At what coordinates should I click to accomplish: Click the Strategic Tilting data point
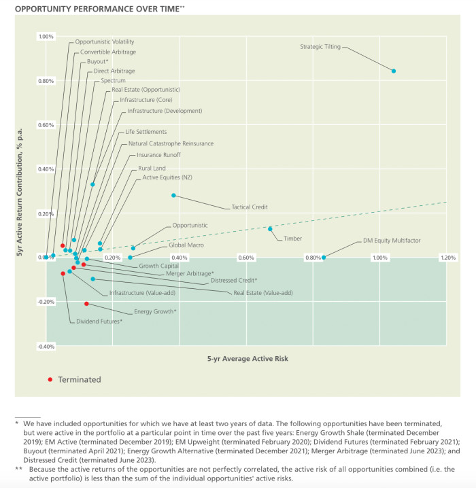coord(394,71)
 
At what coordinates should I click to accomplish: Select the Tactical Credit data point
coord(174,195)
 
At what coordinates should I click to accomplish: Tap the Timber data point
coord(270,228)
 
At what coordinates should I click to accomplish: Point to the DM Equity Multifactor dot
coord(324,257)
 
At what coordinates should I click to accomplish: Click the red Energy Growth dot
coord(86,304)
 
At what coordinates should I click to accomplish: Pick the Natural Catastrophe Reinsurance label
coord(171,143)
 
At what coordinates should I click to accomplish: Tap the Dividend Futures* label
coord(99,321)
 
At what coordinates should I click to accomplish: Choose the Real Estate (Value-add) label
coord(262,293)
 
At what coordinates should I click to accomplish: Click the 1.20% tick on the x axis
coord(447,258)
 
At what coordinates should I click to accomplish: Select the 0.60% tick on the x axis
coord(246,258)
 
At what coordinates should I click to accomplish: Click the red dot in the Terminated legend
coord(50,379)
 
